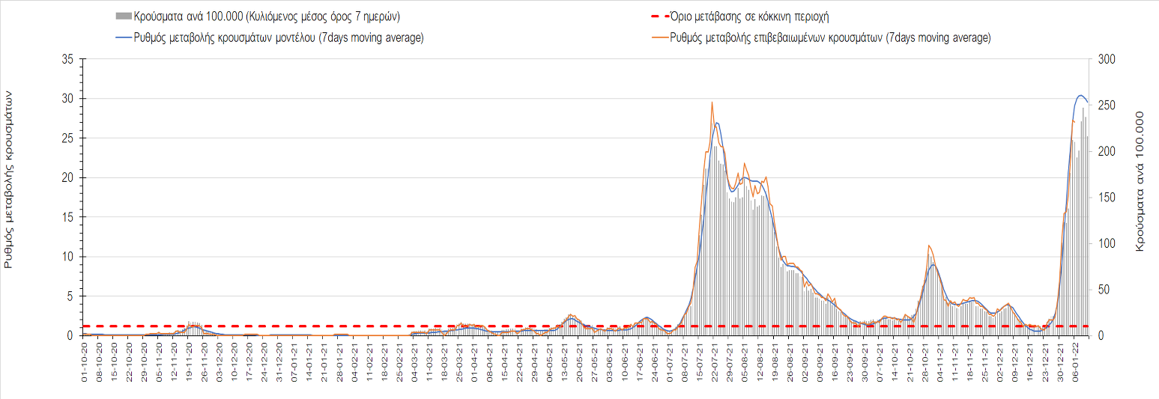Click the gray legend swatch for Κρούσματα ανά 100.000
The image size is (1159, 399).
click(124, 16)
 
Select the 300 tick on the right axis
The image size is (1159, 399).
click(1105, 59)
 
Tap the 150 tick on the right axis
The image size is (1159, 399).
click(1105, 198)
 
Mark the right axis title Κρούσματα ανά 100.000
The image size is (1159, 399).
click(1140, 181)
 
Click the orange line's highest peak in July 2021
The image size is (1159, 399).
click(712, 102)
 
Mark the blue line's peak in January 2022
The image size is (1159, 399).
click(1080, 95)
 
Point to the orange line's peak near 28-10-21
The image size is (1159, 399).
click(928, 246)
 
